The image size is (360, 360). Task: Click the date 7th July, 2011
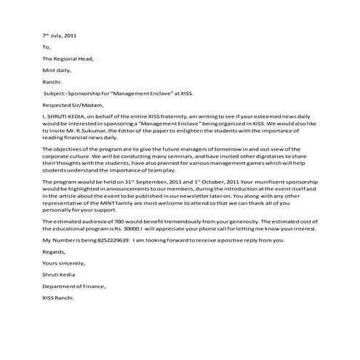pos(58,34)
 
